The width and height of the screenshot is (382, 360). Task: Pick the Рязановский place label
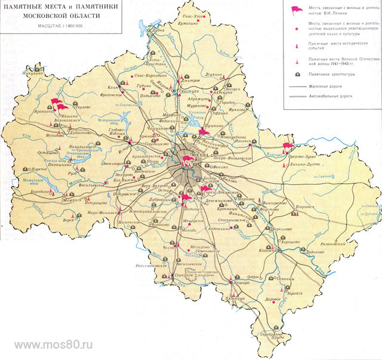pos(331,244)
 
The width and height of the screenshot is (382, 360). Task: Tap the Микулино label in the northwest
pos(19,75)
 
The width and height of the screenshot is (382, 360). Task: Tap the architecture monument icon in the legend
pos(295,75)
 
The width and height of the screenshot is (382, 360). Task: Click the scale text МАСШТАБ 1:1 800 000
pos(60,27)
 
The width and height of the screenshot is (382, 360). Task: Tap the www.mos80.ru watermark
pos(54,345)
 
